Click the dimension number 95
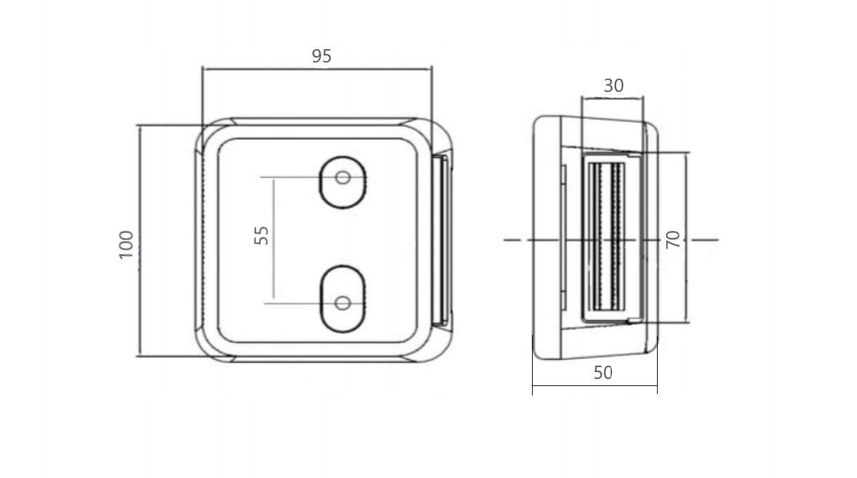pyautogui.click(x=321, y=56)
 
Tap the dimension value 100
pyautogui.click(x=126, y=245)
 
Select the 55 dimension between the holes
pyautogui.click(x=262, y=234)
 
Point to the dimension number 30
pyautogui.click(x=613, y=86)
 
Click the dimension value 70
pyautogui.click(x=673, y=240)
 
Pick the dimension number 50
pyautogui.click(x=603, y=373)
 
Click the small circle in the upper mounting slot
pyautogui.click(x=343, y=178)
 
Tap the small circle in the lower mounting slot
pyautogui.click(x=343, y=303)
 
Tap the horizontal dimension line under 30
pyautogui.click(x=612, y=98)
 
